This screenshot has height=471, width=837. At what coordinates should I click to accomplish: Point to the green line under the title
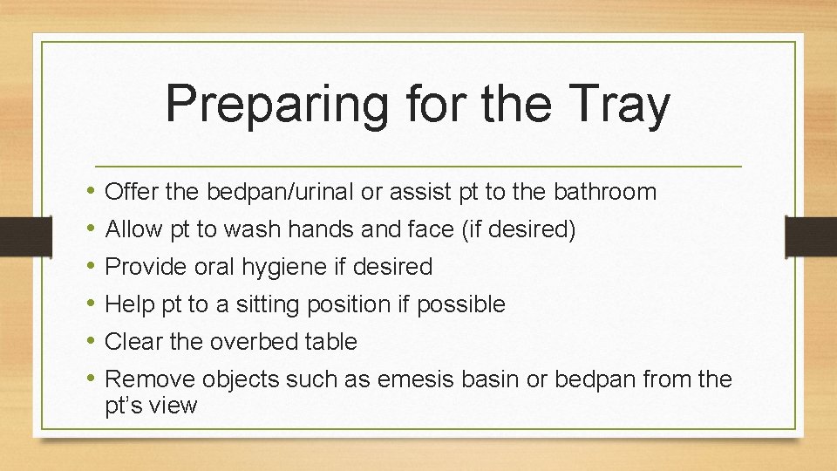[418, 166]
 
